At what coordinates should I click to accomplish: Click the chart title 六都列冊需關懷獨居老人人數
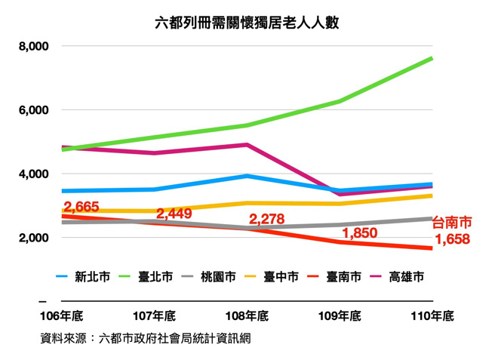(247, 22)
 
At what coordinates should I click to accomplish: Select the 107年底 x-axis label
(155, 316)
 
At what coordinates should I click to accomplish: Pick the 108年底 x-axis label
(247, 316)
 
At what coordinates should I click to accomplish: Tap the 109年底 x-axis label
(340, 316)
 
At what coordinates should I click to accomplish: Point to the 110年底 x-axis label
(432, 316)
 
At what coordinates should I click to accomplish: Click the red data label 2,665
(81, 207)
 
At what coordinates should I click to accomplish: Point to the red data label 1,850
(360, 234)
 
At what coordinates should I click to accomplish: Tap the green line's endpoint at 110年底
(432, 57)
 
